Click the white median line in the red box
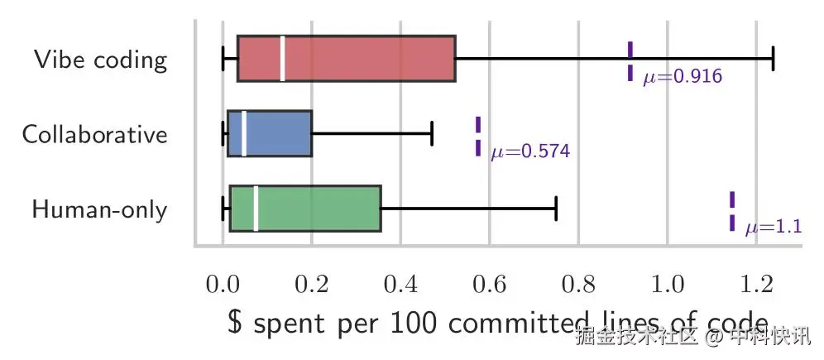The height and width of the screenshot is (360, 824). (x=283, y=59)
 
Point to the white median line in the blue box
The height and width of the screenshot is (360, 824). (x=244, y=133)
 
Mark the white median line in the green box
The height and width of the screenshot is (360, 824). (x=256, y=209)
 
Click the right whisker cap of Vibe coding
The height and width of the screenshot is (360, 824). (x=772, y=59)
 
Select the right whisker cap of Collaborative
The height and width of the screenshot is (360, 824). (x=432, y=133)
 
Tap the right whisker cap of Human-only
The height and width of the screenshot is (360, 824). (x=556, y=209)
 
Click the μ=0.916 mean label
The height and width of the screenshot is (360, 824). (x=683, y=77)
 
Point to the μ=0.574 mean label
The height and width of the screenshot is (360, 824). (x=530, y=152)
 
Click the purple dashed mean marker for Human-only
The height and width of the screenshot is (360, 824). (x=732, y=211)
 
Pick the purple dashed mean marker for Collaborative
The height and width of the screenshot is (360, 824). (x=478, y=137)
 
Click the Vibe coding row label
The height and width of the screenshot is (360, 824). (x=101, y=60)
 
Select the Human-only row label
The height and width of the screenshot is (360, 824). (x=99, y=209)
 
